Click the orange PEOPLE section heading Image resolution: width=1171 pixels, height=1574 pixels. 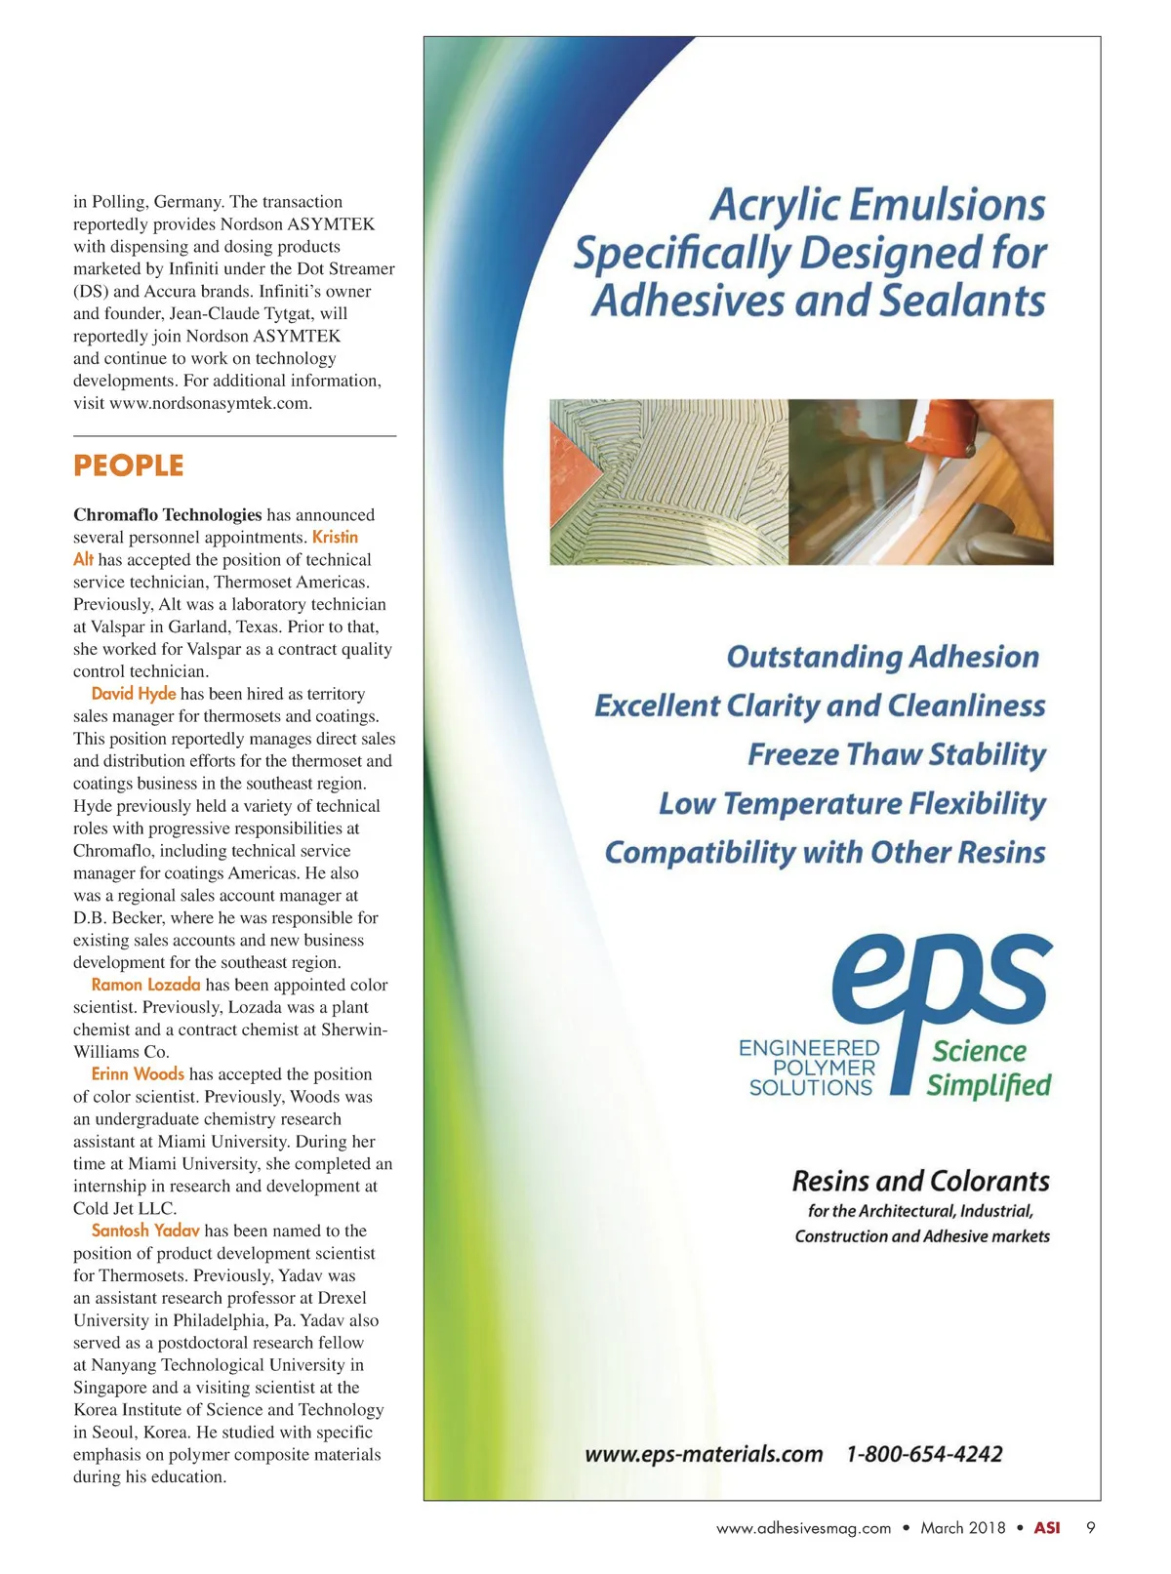(128, 465)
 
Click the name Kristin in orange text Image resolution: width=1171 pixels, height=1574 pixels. (335, 537)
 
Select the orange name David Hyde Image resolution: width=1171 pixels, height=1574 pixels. (134, 694)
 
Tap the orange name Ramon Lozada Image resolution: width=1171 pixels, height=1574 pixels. (145, 985)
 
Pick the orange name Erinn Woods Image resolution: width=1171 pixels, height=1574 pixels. (138, 1074)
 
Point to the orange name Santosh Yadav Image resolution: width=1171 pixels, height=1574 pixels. (145, 1231)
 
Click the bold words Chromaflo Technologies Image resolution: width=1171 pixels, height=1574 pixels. (167, 514)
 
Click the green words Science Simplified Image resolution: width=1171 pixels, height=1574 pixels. (989, 1069)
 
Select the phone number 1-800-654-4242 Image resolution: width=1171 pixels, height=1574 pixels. (923, 1454)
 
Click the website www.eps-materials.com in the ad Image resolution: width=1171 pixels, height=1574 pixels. (704, 1454)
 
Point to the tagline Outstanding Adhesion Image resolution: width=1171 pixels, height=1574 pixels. (882, 657)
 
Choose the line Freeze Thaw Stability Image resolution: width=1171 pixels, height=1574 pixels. (896, 754)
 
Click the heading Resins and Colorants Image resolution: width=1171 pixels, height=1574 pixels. (920, 1182)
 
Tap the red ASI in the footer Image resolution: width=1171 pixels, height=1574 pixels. (1046, 1528)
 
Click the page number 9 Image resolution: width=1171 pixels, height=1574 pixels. (1090, 1528)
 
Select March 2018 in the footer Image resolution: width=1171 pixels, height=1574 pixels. (962, 1528)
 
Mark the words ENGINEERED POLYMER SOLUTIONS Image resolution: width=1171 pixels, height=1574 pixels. (809, 1068)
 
